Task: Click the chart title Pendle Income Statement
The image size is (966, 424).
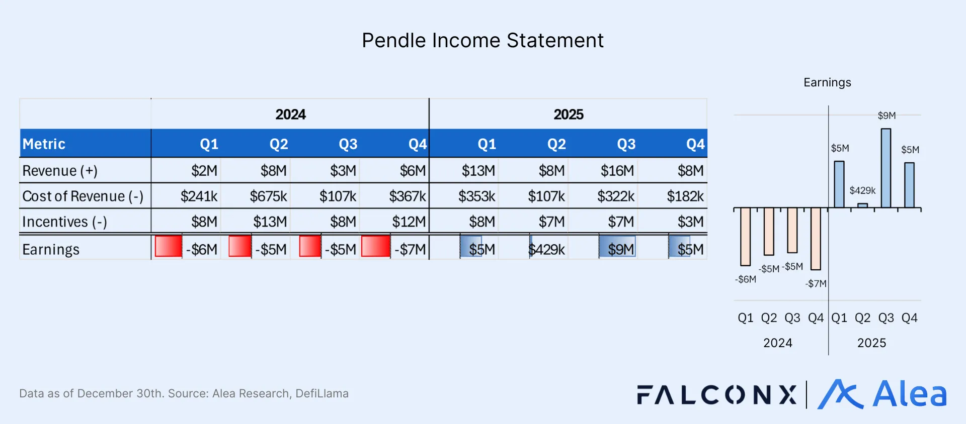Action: (482, 40)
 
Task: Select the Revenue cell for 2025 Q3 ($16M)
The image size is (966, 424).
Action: (617, 171)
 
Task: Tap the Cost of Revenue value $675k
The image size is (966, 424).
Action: (268, 196)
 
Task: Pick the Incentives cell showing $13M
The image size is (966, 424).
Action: (270, 222)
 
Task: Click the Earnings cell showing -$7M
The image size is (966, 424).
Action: (410, 249)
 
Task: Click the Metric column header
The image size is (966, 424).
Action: (44, 144)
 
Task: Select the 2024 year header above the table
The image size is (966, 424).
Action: (290, 115)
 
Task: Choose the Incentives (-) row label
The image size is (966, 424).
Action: (64, 222)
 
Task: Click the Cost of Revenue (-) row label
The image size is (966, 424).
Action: (83, 196)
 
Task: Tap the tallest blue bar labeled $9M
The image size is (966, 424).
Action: (886, 168)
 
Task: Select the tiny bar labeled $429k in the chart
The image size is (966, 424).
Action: (862, 205)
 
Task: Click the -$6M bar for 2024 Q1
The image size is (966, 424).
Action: (745, 236)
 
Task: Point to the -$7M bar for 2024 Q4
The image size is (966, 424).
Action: (816, 239)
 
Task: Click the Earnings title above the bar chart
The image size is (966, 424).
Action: (827, 82)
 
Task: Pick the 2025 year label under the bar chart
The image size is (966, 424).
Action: (871, 343)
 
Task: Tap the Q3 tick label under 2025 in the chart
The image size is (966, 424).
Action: (886, 318)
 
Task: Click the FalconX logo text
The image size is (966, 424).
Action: (716, 395)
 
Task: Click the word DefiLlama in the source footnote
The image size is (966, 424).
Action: (322, 393)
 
